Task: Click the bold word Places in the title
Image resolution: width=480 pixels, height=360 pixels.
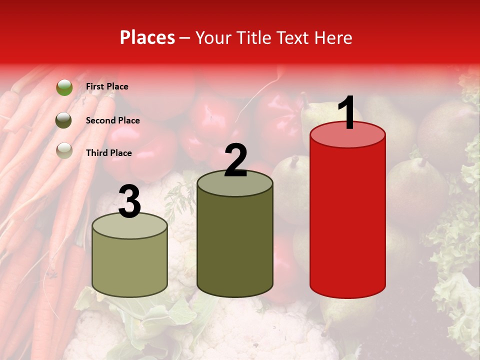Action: [147, 37]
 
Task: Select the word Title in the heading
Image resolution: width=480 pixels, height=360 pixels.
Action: [254, 37]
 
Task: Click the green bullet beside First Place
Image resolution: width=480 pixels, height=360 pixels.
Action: [64, 87]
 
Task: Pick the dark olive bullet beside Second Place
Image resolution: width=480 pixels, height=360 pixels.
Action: [64, 120]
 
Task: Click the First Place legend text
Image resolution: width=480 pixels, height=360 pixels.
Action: [107, 86]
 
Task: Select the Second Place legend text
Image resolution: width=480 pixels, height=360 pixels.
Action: [112, 120]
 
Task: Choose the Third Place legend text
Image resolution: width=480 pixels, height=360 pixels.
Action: [108, 153]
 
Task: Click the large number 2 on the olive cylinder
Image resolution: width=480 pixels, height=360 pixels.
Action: [235, 160]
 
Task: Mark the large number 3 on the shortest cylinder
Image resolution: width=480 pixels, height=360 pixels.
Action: [130, 201]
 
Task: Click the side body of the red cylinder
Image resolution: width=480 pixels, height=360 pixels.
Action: [347, 220]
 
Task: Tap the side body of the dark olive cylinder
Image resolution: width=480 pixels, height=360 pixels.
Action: [235, 240]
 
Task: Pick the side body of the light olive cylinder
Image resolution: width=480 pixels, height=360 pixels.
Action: [130, 265]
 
